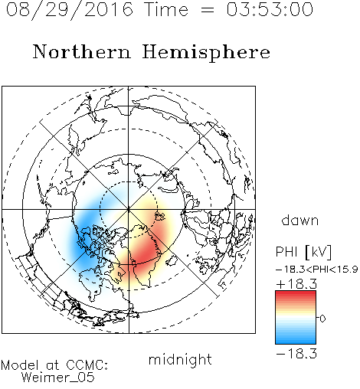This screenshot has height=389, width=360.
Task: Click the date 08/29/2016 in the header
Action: click(x=70, y=10)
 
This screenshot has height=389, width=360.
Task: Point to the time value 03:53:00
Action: click(x=270, y=10)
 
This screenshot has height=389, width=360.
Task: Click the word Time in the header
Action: click(x=166, y=10)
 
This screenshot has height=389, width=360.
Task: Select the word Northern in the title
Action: click(x=82, y=51)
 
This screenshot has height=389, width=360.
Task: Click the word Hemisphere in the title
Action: click(x=206, y=53)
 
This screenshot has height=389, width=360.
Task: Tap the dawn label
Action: click(x=300, y=220)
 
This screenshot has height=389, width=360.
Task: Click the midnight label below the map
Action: click(x=180, y=359)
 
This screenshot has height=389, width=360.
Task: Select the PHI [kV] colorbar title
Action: click(x=303, y=252)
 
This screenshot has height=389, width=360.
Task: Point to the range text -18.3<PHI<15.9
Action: click(x=317, y=270)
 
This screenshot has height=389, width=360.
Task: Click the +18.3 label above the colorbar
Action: click(x=296, y=284)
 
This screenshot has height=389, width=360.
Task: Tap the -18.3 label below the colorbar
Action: click(x=296, y=354)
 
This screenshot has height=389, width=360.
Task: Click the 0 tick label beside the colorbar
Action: click(x=322, y=319)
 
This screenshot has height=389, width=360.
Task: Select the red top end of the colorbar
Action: click(x=296, y=294)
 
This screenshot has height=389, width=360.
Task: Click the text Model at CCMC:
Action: click(x=54, y=365)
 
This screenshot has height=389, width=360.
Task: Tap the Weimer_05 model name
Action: click(x=58, y=377)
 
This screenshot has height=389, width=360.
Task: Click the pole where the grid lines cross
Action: click(x=129, y=209)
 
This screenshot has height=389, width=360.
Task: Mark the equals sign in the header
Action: click(x=208, y=10)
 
